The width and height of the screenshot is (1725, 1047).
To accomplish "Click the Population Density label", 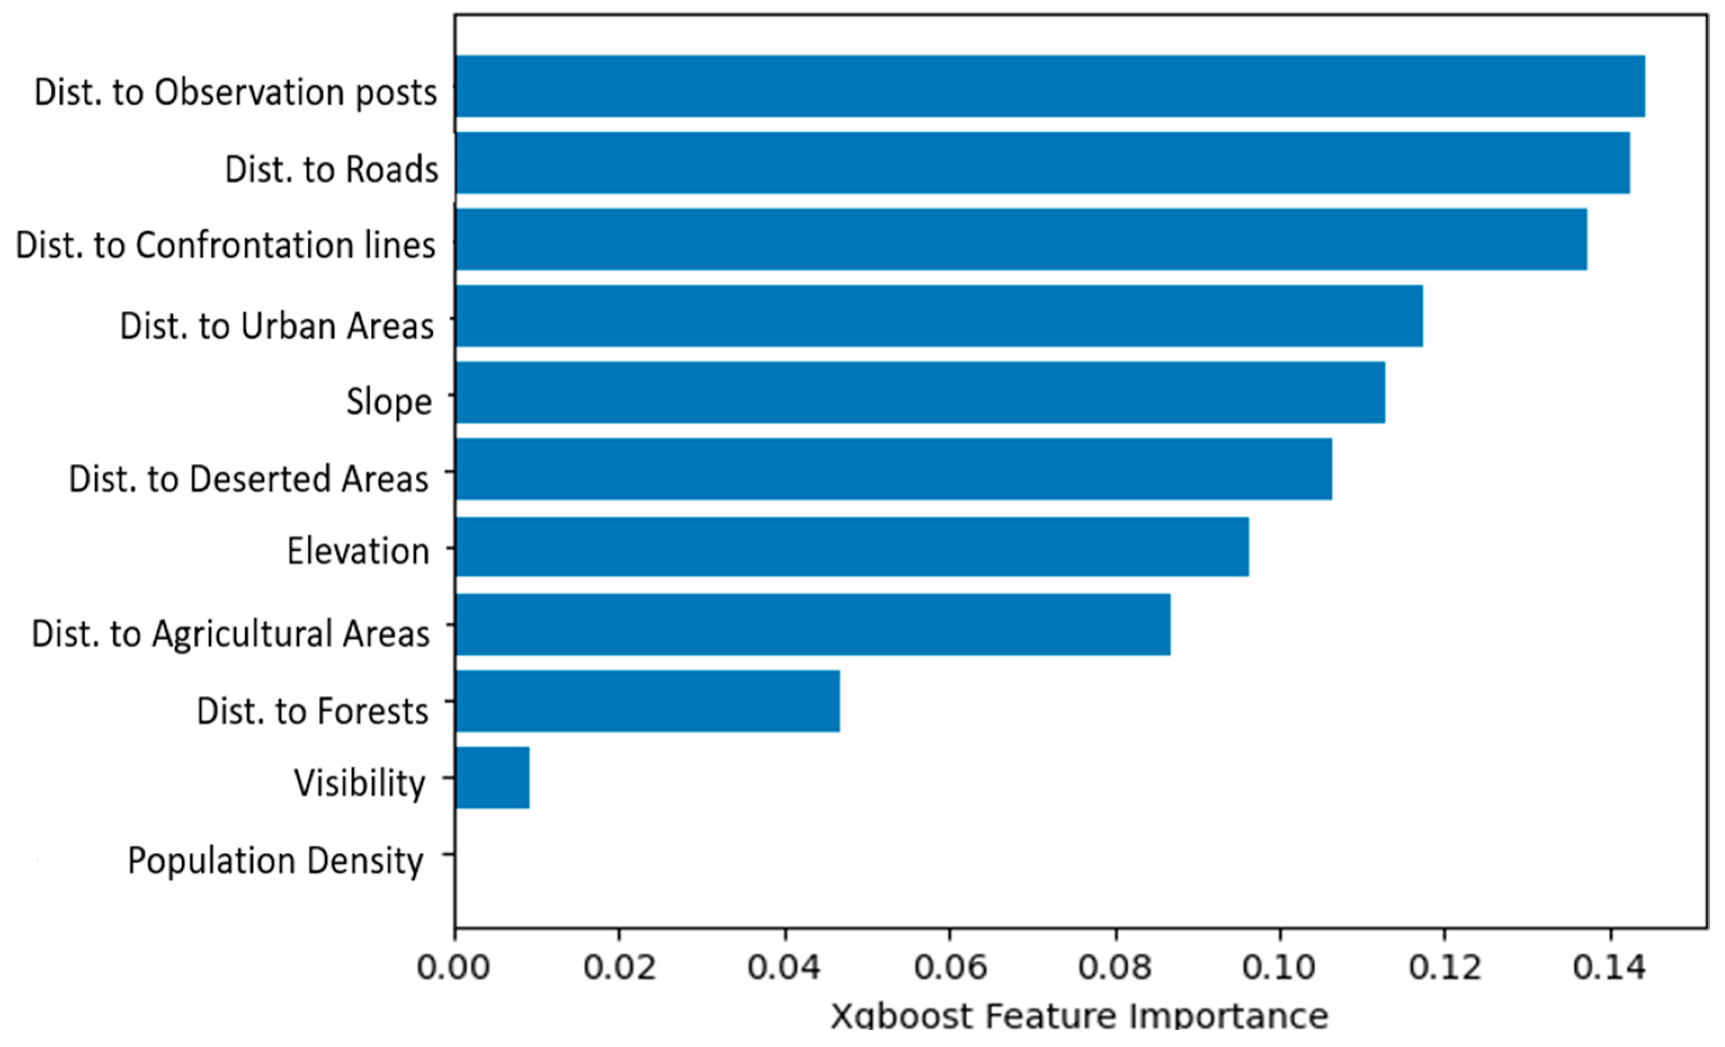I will click(x=275, y=861).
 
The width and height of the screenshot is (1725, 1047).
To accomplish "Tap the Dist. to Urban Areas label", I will click(x=276, y=326).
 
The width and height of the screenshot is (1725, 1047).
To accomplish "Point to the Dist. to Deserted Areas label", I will click(x=248, y=479).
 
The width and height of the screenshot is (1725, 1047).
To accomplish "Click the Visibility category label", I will click(x=359, y=783).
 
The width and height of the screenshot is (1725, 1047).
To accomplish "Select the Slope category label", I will click(x=388, y=402).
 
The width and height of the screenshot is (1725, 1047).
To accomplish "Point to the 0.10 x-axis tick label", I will click(x=1279, y=968).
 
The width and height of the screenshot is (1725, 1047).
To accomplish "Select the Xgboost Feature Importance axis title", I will click(x=1079, y=1016).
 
